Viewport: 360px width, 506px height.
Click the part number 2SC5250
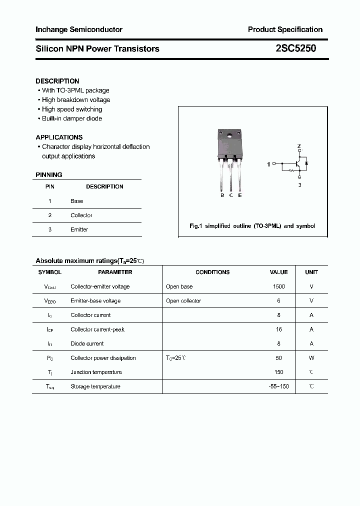(295, 48)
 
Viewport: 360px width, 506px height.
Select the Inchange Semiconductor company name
(79, 29)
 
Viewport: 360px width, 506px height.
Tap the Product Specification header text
(285, 29)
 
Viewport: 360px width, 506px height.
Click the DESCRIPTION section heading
(57, 81)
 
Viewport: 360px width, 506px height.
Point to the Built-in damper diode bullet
(71, 118)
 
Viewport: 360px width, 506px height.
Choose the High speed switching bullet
(71, 109)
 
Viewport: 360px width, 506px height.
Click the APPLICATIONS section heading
(59, 137)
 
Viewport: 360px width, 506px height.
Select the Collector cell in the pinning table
(81, 215)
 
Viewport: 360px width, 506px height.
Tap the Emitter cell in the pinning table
(79, 229)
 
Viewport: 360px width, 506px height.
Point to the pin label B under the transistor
(222, 195)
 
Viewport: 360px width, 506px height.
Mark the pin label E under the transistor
(240, 195)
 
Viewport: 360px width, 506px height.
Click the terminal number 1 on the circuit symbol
(268, 164)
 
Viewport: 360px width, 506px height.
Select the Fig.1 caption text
(252, 226)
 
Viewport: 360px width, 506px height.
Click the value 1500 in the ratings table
(278, 286)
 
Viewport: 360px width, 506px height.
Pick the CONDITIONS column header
(212, 272)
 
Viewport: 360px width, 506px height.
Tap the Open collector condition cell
(183, 301)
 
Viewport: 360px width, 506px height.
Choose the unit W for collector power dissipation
(311, 358)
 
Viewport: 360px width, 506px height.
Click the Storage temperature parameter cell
(95, 386)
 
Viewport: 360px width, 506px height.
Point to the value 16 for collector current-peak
(278, 329)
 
